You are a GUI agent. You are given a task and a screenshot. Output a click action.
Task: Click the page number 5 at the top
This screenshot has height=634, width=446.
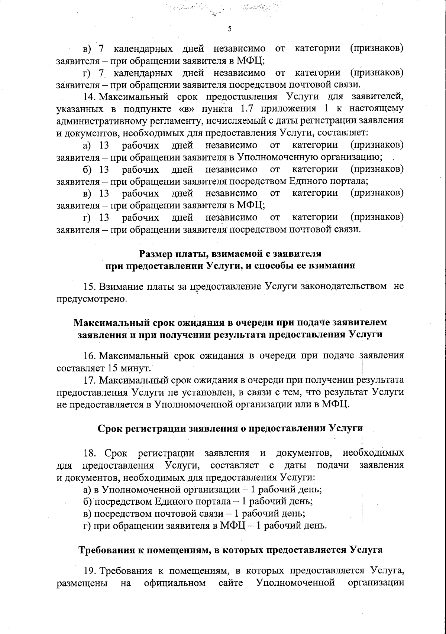pos(229,29)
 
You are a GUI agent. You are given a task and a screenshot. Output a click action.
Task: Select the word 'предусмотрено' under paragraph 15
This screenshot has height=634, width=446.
pos(91,299)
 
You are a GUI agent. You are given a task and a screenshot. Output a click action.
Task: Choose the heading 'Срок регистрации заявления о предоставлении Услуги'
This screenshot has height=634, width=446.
pos(230,428)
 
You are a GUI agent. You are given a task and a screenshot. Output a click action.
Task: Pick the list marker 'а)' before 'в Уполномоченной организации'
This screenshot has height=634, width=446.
pos(87,489)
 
